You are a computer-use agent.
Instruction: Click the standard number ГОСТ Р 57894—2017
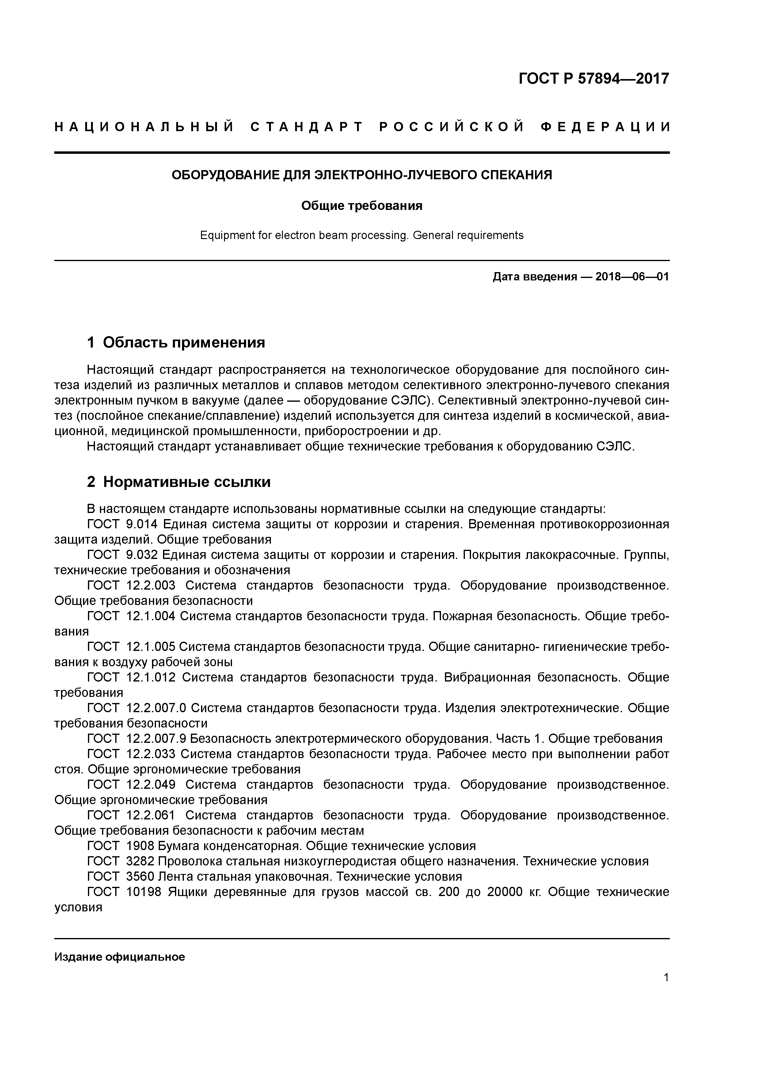pos(594,79)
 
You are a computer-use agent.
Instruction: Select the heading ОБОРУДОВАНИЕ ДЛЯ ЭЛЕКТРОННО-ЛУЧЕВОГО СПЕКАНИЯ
pos(362,175)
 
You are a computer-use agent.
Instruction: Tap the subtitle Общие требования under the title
pos(362,206)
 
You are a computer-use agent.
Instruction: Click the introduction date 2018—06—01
pos(632,277)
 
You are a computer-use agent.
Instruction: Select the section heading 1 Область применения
pos(176,343)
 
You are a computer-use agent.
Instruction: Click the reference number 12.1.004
pos(151,617)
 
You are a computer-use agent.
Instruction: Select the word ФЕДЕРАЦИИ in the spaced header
pos(606,127)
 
